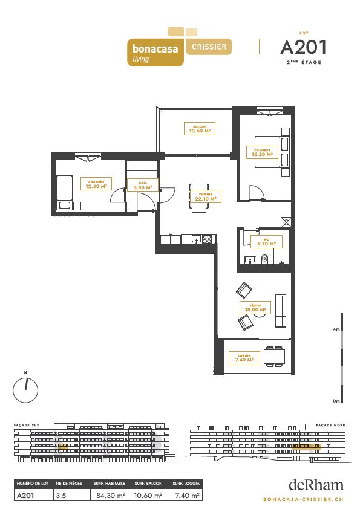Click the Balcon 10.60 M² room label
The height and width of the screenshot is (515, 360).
point(199,128)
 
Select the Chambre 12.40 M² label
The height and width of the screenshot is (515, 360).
point(96,184)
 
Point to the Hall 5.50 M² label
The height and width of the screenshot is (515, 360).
point(143,185)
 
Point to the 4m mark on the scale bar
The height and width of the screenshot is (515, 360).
point(336,329)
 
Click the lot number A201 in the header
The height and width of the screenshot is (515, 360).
point(303,47)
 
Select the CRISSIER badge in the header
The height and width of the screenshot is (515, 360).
point(209,47)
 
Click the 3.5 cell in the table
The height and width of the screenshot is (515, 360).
point(61,495)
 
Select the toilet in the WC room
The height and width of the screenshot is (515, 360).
point(265,259)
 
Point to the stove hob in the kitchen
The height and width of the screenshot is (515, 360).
point(207,239)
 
